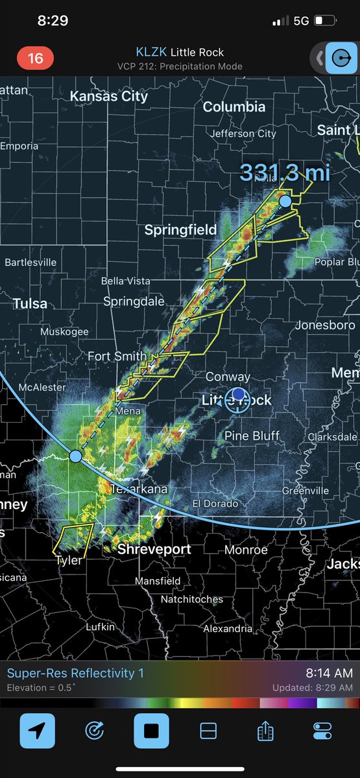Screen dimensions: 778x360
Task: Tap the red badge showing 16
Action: (x=35, y=58)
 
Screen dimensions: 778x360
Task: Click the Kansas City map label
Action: (x=109, y=96)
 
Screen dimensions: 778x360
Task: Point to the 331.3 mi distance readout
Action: (x=285, y=172)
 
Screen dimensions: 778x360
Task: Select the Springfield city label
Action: (x=180, y=230)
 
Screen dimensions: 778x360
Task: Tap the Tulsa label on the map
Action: (x=30, y=303)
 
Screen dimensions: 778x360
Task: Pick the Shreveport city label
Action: (x=154, y=550)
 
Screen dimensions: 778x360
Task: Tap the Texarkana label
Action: (x=139, y=489)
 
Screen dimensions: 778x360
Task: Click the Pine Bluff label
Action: (x=252, y=436)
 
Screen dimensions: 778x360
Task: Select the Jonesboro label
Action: (x=322, y=325)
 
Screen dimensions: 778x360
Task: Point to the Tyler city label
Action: (x=69, y=560)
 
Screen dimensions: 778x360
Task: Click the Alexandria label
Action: (x=228, y=629)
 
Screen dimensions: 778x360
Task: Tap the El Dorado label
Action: (x=215, y=504)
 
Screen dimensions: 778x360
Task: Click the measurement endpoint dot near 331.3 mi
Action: (x=285, y=202)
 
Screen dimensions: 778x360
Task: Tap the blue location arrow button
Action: (x=37, y=731)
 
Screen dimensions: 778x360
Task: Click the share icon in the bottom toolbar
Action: (x=265, y=731)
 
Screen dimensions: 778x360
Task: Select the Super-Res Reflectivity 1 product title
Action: (x=75, y=674)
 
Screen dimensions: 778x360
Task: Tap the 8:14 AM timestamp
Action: (x=330, y=673)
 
